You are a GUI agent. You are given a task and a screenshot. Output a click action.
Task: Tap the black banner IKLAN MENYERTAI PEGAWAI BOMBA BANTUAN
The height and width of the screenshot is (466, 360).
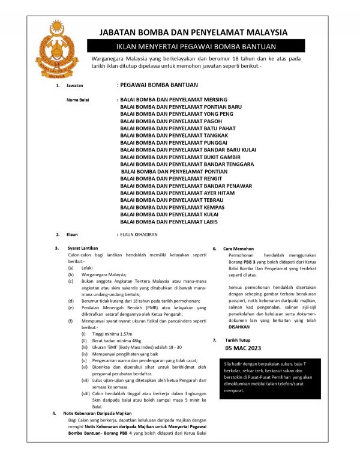point(193,46)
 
